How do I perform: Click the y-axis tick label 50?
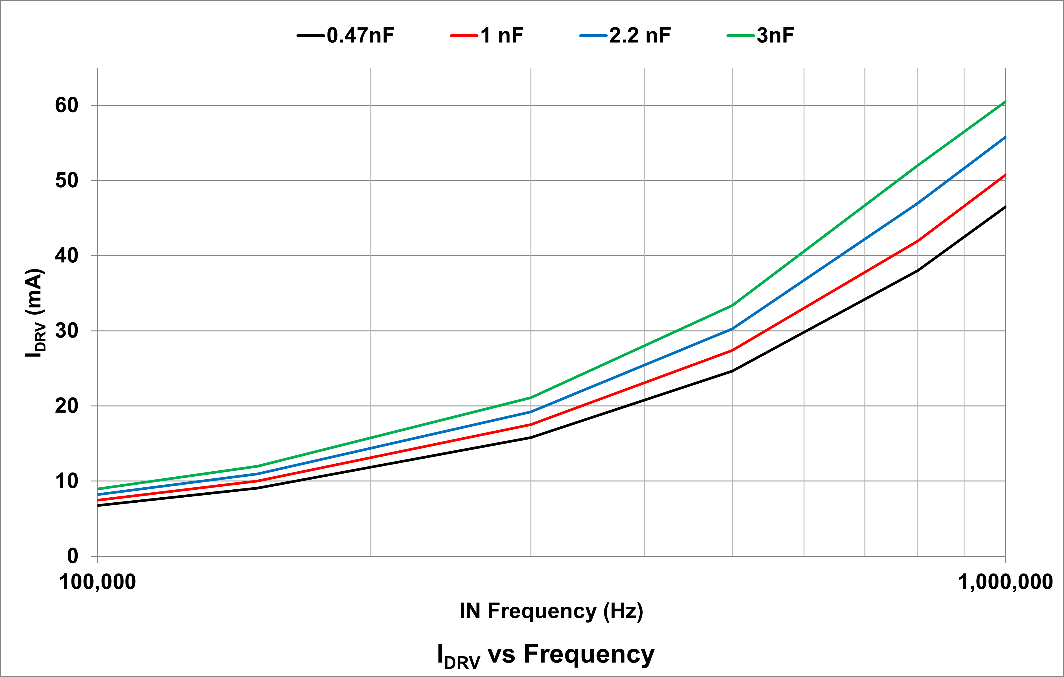(x=66, y=181)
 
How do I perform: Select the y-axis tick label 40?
(x=66, y=256)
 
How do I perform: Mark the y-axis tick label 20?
(x=66, y=406)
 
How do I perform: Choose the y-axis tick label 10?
(x=66, y=481)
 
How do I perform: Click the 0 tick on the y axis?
(x=72, y=556)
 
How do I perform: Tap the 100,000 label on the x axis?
(x=97, y=582)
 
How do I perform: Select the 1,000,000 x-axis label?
(x=1005, y=582)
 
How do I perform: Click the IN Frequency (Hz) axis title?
(x=551, y=611)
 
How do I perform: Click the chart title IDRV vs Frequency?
(x=546, y=655)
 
